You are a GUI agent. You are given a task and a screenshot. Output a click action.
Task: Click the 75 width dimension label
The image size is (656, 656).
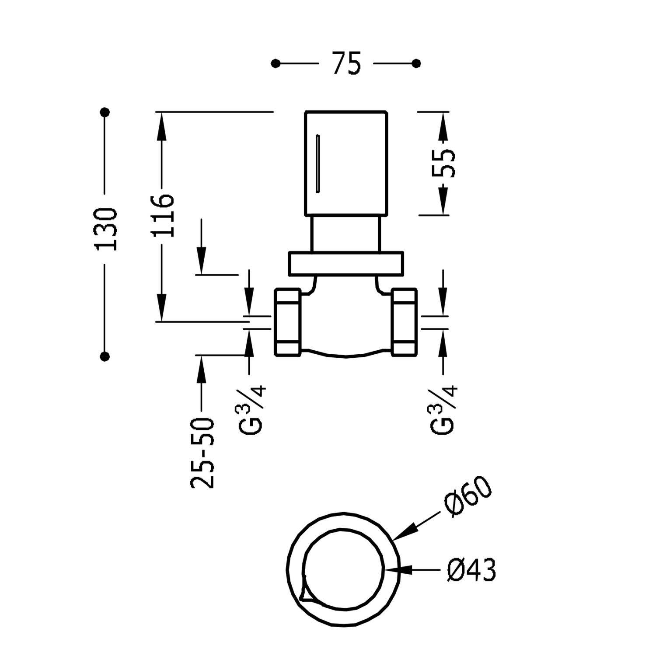tap(346, 64)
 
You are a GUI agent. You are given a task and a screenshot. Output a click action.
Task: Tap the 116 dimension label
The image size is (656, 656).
tap(163, 216)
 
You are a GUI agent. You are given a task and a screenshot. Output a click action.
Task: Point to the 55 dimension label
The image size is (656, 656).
tap(443, 163)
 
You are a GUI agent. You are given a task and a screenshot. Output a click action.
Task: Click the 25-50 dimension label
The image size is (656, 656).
tap(203, 453)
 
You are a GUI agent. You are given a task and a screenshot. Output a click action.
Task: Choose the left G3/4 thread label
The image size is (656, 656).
tap(253, 409)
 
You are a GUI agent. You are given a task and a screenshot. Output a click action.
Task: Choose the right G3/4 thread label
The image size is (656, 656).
tap(445, 409)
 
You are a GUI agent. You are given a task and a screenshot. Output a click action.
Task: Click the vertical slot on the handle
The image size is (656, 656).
tap(318, 164)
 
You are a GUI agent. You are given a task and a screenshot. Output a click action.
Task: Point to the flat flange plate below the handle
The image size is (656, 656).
tap(345, 264)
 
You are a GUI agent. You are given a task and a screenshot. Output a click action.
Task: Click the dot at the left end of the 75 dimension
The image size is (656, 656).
tap(275, 64)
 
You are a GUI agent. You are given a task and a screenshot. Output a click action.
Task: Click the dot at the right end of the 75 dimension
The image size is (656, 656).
tap(416, 64)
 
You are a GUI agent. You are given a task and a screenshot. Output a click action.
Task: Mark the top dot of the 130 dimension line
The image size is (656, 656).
tap(105, 112)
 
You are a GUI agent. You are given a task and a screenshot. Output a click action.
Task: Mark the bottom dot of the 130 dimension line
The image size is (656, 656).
tap(105, 356)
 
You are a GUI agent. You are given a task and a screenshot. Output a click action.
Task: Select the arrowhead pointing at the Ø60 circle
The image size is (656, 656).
tap(405, 532)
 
